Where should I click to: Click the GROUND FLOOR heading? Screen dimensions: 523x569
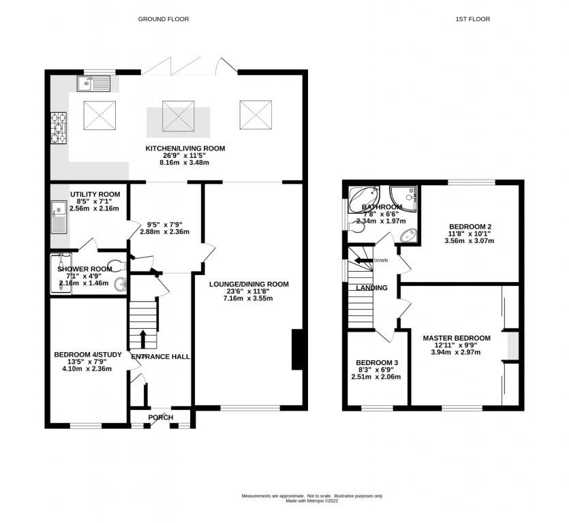tap(164, 19)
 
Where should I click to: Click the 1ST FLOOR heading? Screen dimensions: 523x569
tap(473, 19)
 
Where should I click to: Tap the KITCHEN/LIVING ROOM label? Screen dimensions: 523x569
tap(185, 148)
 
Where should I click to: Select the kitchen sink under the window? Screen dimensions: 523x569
tap(94, 84)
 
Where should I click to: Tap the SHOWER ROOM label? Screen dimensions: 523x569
tap(84, 268)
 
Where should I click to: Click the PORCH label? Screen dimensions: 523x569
tap(161, 417)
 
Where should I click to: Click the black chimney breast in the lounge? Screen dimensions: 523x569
tap(297, 351)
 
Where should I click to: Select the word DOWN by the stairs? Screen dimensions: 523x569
tap(381, 260)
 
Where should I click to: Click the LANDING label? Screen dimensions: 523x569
tap(371, 288)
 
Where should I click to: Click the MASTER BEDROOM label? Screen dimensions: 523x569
tap(456, 338)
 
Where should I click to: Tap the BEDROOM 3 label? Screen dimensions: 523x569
tap(375, 362)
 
